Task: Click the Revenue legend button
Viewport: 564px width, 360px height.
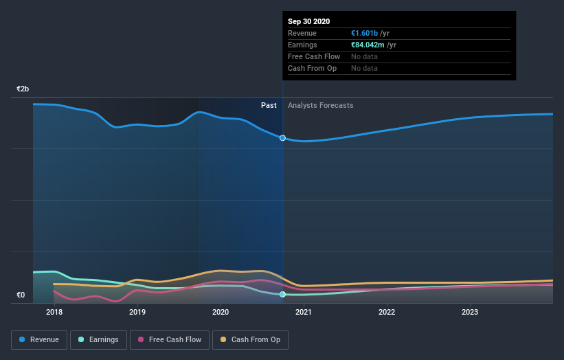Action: [40, 339]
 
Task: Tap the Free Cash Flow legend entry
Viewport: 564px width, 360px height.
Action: [170, 339]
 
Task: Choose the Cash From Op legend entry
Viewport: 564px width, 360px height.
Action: [251, 339]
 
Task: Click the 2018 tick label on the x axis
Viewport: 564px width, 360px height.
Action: [54, 313]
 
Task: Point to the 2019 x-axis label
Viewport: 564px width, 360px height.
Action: [137, 313]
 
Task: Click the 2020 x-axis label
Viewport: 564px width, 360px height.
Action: [221, 313]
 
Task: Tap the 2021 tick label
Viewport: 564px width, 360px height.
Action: [304, 313]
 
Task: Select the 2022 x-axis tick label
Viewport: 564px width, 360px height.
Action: [387, 313]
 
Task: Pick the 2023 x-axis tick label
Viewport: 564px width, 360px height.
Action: [470, 313]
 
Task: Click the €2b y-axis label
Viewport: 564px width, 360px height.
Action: [23, 89]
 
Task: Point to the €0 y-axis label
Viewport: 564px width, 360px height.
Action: [21, 295]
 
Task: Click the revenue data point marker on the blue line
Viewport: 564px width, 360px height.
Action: [282, 138]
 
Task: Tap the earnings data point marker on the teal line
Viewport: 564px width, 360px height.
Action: [282, 294]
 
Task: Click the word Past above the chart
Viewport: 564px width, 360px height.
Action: [269, 105]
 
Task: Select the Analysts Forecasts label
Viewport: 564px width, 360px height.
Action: [321, 105]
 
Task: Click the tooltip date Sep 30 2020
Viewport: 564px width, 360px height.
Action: [309, 21]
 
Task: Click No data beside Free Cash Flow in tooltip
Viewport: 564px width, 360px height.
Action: [364, 56]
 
